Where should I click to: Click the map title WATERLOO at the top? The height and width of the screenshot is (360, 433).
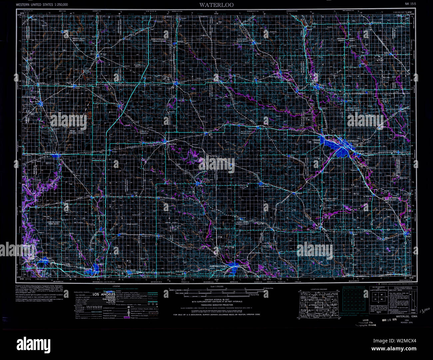217,5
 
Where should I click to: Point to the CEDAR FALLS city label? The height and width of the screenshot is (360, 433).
316,141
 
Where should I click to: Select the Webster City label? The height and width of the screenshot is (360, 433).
47,153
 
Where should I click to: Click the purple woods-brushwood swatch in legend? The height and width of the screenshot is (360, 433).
126,318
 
